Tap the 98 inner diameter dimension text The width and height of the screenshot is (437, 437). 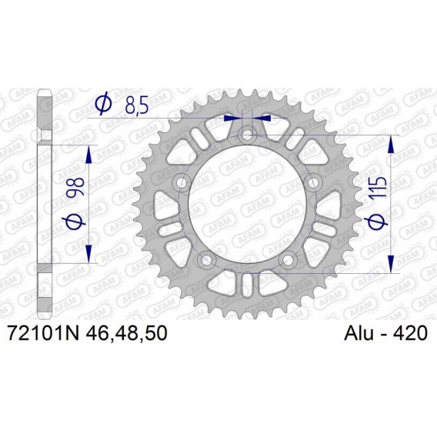tap(75, 186)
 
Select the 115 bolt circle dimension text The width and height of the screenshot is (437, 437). tap(379, 188)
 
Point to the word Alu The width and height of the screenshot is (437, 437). tap(359, 333)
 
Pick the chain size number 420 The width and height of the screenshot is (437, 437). tap(410, 333)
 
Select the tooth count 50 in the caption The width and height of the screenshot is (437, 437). tap(156, 333)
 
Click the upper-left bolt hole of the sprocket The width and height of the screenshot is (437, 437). tap(182, 182)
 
